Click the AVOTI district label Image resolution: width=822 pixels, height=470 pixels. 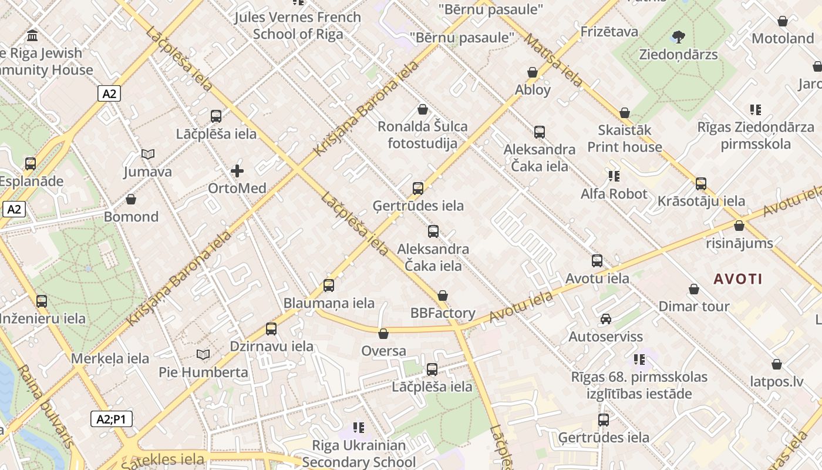[x=738, y=279]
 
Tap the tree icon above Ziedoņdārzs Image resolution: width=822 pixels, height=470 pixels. [x=679, y=37]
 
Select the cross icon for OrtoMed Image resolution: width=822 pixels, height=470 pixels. [x=237, y=171]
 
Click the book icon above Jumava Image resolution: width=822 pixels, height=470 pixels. [x=148, y=155]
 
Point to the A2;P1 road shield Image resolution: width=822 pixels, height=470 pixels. [x=112, y=419]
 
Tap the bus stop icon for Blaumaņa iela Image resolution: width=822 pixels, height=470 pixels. [x=329, y=286]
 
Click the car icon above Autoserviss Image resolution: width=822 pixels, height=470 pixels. [x=605, y=319]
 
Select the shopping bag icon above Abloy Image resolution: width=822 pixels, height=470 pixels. [x=533, y=72]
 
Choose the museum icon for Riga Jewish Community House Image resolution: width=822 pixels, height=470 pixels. [x=32, y=35]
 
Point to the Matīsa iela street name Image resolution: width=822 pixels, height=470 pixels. [x=553, y=60]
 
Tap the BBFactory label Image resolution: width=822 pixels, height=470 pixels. [x=443, y=313]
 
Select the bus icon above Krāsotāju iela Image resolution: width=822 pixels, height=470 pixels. [x=700, y=184]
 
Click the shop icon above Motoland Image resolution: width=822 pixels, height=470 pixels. [x=783, y=21]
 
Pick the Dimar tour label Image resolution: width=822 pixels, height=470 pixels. [x=694, y=306]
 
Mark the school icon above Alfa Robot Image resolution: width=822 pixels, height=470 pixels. [x=614, y=176]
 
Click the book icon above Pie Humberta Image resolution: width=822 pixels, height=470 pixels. [x=203, y=355]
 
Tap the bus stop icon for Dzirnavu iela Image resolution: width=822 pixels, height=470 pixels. [x=271, y=329]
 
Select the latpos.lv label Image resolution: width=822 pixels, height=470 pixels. [x=776, y=381]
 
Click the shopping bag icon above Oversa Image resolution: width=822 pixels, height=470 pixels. [x=383, y=334]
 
